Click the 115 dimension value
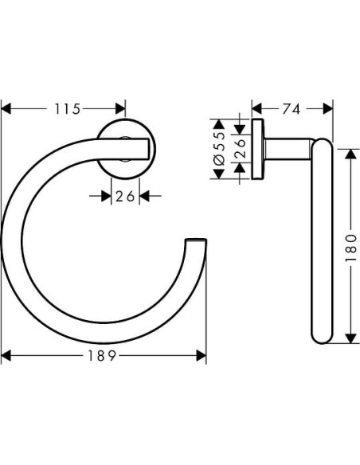click(x=65, y=109)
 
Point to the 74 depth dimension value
click(x=292, y=109)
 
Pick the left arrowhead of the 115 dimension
click(x=6, y=109)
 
